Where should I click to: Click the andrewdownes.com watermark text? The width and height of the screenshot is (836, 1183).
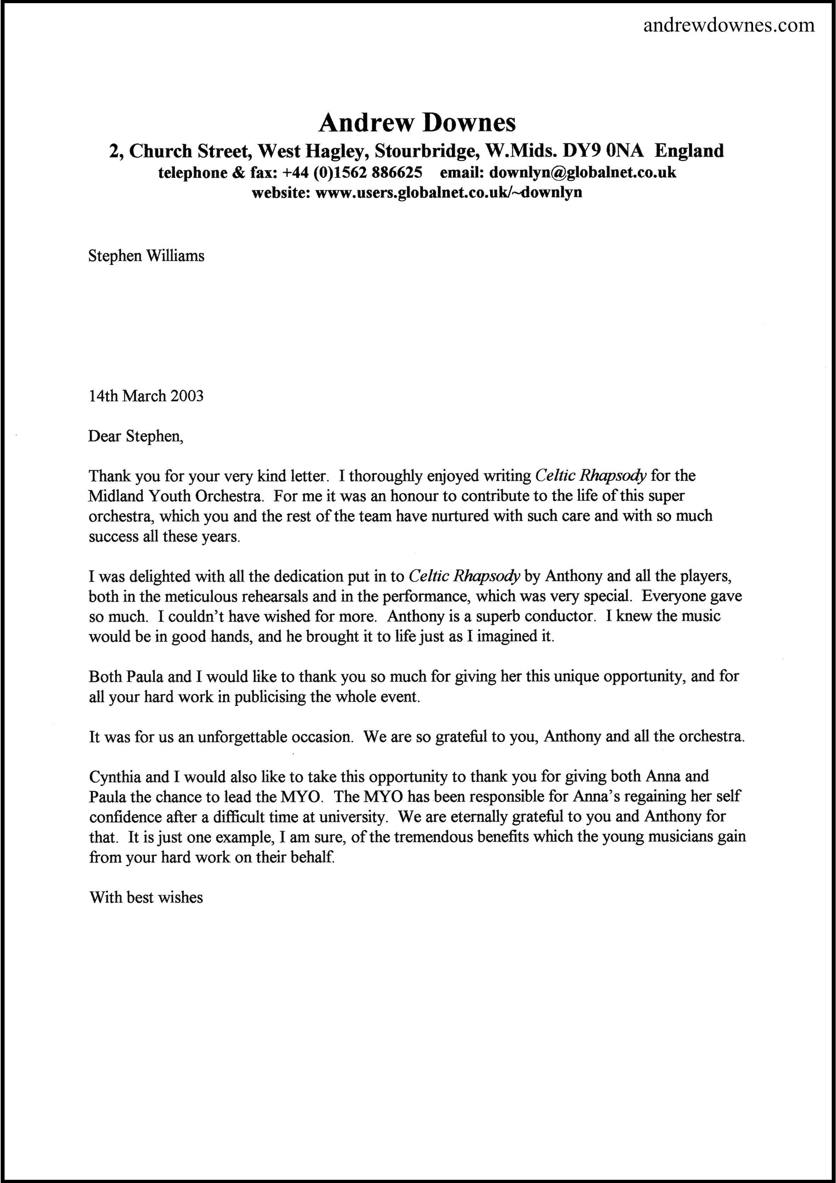[x=729, y=25]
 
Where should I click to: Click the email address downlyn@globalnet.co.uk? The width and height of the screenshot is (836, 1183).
[x=583, y=172]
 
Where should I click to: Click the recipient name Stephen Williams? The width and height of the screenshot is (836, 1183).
[x=146, y=256]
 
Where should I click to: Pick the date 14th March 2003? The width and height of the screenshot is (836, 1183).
[x=146, y=396]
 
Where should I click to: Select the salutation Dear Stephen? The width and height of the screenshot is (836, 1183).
[x=136, y=437]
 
